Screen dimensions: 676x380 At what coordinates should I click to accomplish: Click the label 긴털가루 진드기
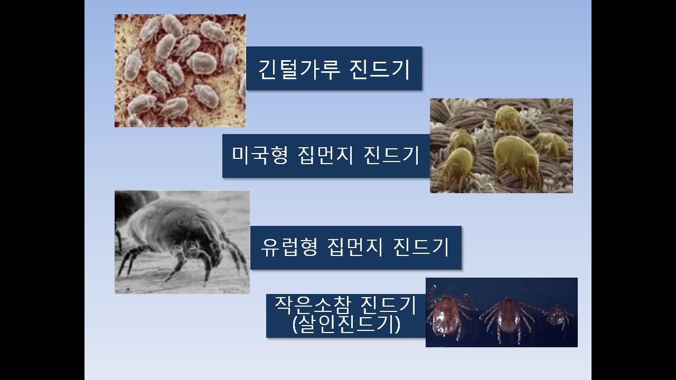pos(334,69)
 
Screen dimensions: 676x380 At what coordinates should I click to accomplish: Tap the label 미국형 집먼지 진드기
pos(326,156)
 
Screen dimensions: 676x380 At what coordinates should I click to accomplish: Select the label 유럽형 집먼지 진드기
pos(356,248)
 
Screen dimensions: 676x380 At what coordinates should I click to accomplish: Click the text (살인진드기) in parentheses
pos(346,324)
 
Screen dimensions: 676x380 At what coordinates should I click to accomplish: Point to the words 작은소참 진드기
pos(346,305)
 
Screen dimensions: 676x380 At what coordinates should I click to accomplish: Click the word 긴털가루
pos(299,69)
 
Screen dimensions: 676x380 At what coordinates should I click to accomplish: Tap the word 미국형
pos(259,155)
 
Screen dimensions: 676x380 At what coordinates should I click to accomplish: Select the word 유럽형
pos(289,247)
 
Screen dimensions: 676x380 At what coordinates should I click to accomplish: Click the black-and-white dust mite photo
pos(182,242)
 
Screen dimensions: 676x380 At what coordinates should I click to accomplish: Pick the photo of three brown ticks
pos(502,312)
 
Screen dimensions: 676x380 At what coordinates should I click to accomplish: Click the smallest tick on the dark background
pos(558,316)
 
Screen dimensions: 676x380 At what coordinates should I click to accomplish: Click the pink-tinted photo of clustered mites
pos(180,71)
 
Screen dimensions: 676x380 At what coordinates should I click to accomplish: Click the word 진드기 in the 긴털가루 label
pos(380,69)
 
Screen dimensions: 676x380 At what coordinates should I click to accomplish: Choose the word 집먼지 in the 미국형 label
pos(325,155)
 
